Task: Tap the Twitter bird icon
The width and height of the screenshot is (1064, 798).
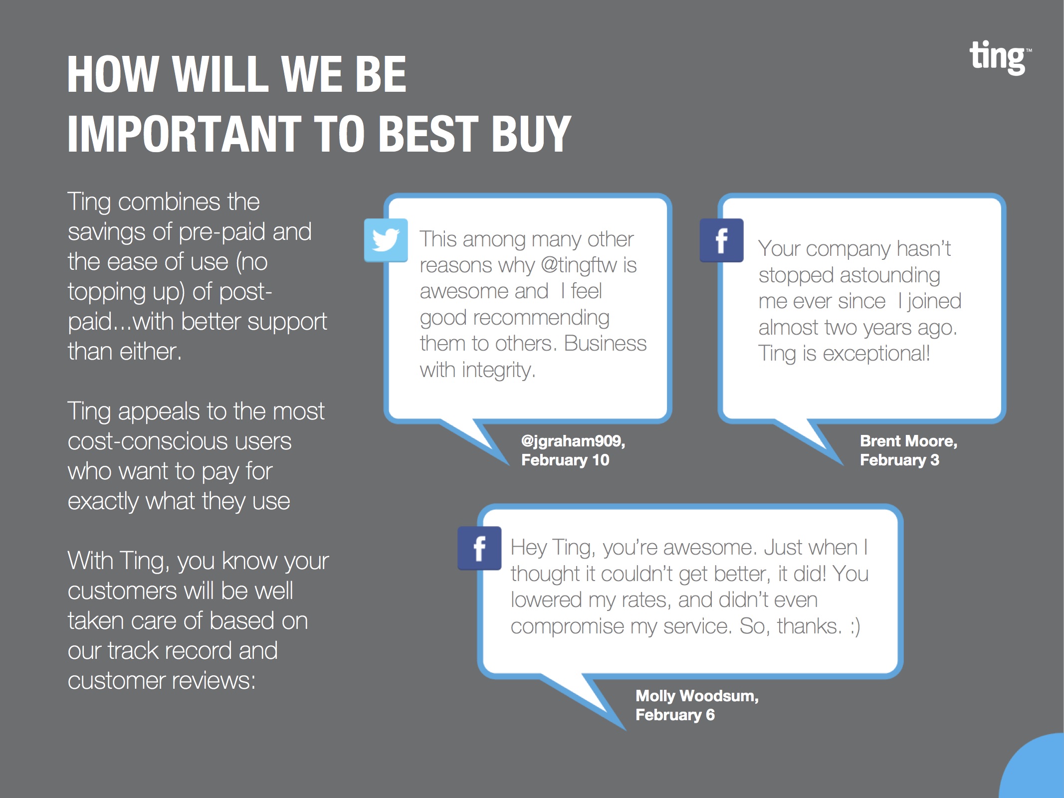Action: (x=386, y=240)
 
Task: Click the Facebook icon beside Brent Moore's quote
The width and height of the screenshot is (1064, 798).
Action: (x=721, y=240)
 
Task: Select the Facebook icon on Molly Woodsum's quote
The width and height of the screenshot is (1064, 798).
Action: (x=479, y=548)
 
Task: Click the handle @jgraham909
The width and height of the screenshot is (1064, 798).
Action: (x=573, y=441)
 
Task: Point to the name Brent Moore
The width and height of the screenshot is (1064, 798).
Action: (x=908, y=441)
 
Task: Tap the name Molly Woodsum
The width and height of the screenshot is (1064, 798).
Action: (x=697, y=696)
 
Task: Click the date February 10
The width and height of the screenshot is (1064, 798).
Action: (x=565, y=460)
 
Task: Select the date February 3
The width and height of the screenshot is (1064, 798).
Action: (x=899, y=460)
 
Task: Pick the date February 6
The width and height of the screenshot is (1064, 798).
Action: (x=675, y=715)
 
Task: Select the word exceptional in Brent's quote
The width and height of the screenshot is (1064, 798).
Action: (x=876, y=354)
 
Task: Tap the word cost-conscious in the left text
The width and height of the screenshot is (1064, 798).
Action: (x=180, y=441)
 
